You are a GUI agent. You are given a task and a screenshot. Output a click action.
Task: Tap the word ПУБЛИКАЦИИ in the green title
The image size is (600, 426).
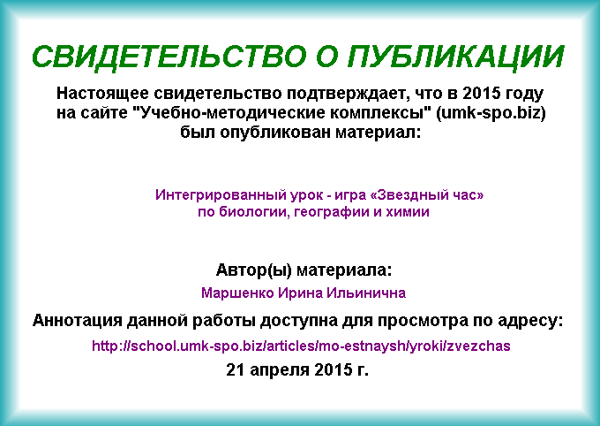(x=455, y=57)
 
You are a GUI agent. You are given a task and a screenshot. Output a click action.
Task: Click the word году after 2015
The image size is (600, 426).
(x=525, y=94)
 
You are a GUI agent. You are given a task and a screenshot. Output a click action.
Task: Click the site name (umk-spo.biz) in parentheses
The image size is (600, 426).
(x=491, y=113)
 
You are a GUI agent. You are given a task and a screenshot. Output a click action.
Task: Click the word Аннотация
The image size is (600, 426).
(x=78, y=321)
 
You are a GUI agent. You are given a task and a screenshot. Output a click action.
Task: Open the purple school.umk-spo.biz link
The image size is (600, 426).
(x=301, y=346)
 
